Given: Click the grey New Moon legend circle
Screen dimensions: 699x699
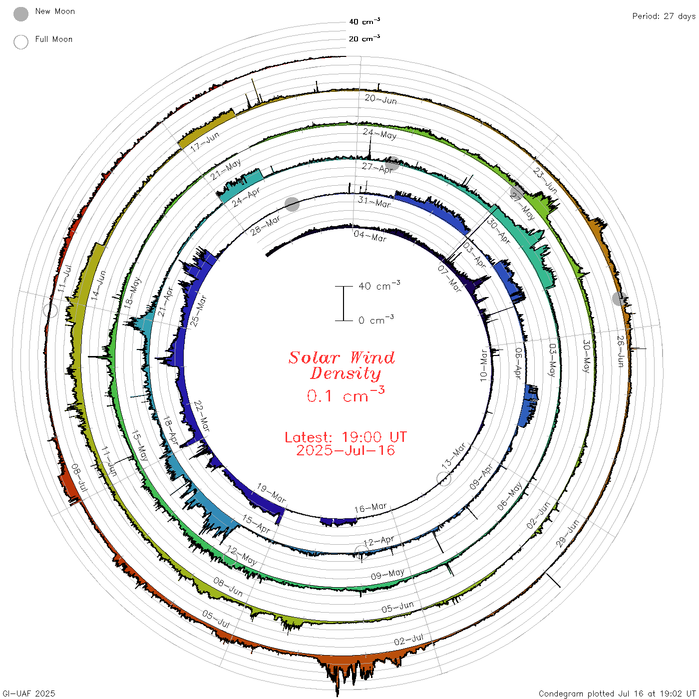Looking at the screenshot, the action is pos(20,14).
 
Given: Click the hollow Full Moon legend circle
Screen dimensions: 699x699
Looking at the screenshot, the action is pos(20,42).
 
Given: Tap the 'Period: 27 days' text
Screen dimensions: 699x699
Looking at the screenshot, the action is pos(664,16).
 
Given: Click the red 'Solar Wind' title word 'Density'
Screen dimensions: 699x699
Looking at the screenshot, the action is pos(345,373).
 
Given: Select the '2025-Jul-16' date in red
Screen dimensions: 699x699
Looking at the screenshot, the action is pos(346,450).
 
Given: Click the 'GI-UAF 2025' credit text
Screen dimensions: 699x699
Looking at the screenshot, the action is pos(28,693).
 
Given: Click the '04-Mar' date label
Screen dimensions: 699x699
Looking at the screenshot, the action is pos(370,236).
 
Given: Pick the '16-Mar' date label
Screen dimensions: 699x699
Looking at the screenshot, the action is pos(370,507).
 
